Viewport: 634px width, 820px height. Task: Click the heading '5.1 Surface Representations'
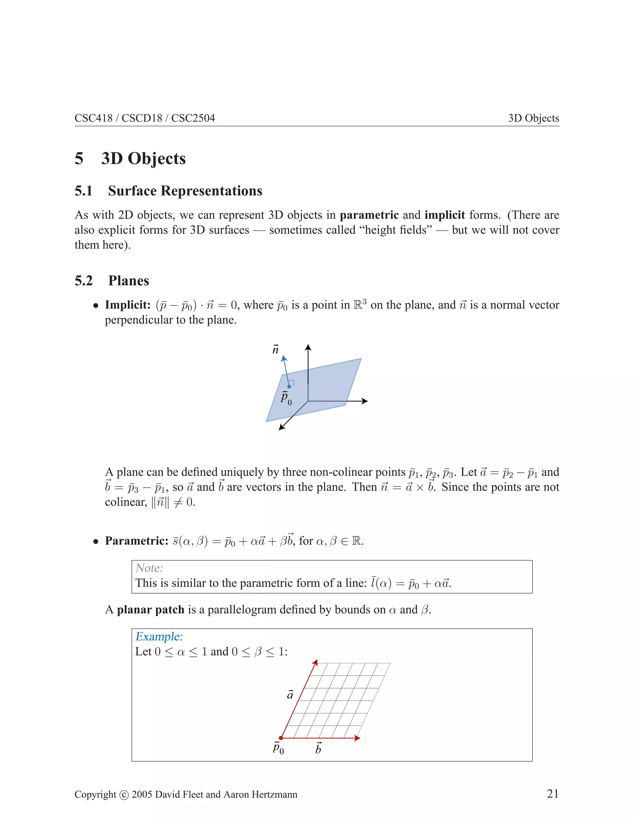(168, 191)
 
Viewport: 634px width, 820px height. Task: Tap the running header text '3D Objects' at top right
(533, 118)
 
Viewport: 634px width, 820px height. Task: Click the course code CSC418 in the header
(93, 118)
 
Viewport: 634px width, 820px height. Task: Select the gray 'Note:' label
(149, 568)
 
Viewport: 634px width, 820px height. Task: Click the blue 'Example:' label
(159, 637)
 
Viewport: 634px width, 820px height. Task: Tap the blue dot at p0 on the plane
(289, 386)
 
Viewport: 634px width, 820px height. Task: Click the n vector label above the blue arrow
(275, 350)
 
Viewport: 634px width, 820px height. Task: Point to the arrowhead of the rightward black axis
(365, 401)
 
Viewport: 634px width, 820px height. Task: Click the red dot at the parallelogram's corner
(281, 738)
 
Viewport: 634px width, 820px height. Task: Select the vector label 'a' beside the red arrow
(290, 695)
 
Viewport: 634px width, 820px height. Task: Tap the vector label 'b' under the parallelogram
(318, 748)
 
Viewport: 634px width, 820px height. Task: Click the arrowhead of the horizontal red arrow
(358, 738)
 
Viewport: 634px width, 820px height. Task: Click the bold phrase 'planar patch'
(150, 609)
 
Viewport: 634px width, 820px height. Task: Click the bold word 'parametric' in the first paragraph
(369, 215)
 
